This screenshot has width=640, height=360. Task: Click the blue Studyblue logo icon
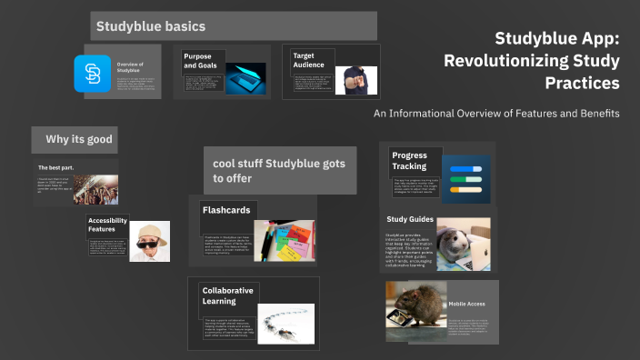click(92, 72)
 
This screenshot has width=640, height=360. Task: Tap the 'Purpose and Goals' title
click(197, 61)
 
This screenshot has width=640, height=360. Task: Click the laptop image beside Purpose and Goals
click(245, 79)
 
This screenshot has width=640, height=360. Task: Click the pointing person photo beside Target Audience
click(355, 79)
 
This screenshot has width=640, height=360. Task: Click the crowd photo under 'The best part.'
click(95, 188)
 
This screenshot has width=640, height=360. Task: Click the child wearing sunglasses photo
click(149, 241)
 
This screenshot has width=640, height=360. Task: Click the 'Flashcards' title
click(226, 210)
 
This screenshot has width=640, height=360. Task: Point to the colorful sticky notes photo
click(285, 241)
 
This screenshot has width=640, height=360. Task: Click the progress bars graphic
click(465, 179)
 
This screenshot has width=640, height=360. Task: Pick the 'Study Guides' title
click(409, 219)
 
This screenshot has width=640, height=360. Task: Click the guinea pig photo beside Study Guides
click(463, 243)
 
